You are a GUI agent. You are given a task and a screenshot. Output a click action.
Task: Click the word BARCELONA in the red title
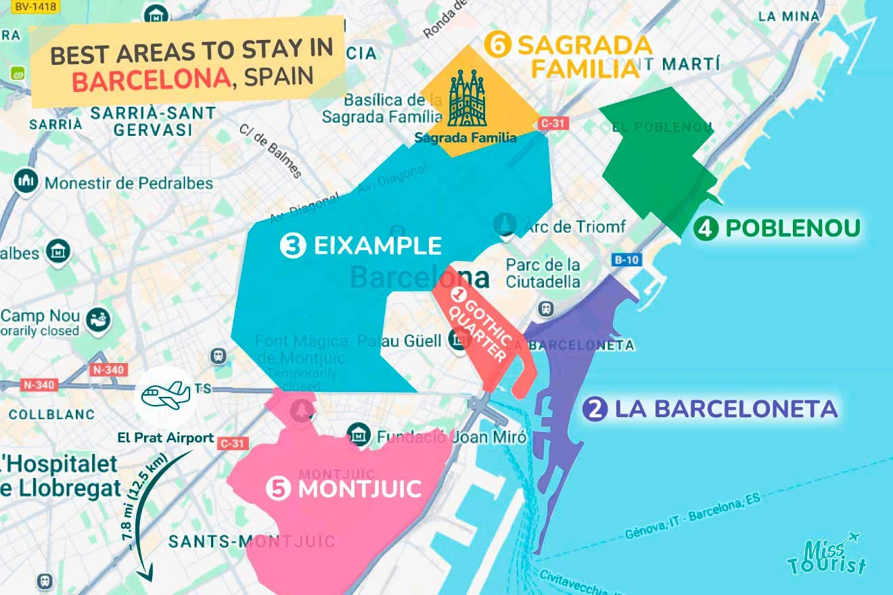click(x=150, y=80)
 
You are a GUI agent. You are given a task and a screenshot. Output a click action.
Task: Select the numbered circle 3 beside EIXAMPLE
click(x=292, y=246)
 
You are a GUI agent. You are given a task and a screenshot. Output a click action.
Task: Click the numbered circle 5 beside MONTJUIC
click(x=278, y=488)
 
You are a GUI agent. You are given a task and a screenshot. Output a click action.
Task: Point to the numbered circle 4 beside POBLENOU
click(x=706, y=229)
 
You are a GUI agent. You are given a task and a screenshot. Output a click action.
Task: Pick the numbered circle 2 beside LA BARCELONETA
click(x=595, y=409)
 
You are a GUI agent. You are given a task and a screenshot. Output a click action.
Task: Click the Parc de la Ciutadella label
click(x=543, y=272)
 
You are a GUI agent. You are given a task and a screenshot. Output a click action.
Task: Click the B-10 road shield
click(x=626, y=259)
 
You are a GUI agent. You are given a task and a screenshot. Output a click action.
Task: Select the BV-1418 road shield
click(x=31, y=5)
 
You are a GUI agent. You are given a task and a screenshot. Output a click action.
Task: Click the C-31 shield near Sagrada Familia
click(x=553, y=124)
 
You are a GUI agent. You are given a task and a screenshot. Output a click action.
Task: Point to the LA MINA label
click(x=789, y=16)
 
